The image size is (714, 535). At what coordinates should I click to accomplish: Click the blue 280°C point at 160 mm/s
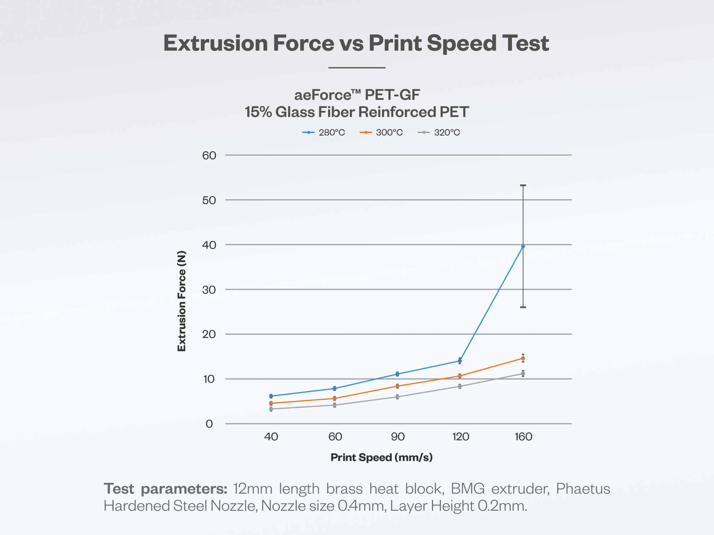pyautogui.click(x=523, y=246)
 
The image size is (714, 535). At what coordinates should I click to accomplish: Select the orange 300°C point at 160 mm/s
pyautogui.click(x=523, y=358)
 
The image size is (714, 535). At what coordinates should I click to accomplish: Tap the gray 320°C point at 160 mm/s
pyautogui.click(x=523, y=374)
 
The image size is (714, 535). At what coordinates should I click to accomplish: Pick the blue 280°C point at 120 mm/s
pyautogui.click(x=460, y=361)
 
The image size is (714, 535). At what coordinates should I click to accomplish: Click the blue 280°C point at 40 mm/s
pyautogui.click(x=271, y=396)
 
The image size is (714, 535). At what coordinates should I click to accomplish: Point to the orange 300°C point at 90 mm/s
pyautogui.click(x=397, y=386)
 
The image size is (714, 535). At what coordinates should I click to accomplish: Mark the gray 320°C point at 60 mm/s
pyautogui.click(x=335, y=405)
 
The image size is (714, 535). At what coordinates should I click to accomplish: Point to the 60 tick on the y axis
pyautogui.click(x=209, y=156)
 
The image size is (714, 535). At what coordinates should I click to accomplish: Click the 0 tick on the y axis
pyautogui.click(x=209, y=424)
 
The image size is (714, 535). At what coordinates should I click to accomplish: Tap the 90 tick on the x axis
pyautogui.click(x=398, y=437)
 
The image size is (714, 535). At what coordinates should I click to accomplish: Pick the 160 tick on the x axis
pyautogui.click(x=523, y=437)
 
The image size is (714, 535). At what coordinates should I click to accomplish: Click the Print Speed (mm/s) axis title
pyautogui.click(x=381, y=457)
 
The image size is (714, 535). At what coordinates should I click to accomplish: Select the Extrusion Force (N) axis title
pyautogui.click(x=182, y=301)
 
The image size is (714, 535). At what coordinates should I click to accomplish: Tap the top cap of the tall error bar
pyautogui.click(x=523, y=185)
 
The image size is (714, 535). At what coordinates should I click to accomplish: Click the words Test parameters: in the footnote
pyautogui.click(x=165, y=489)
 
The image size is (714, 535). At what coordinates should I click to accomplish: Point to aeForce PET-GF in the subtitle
pyautogui.click(x=357, y=95)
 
